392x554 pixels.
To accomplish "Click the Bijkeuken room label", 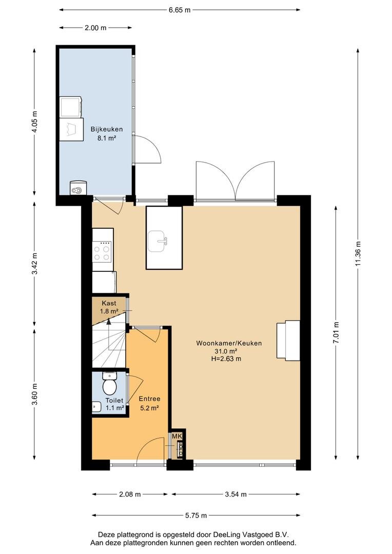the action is (x=106, y=129).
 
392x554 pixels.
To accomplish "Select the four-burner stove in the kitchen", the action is (x=102, y=251).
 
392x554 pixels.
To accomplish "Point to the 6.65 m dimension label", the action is (x=179, y=10).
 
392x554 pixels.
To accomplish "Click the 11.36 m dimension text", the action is (x=358, y=253).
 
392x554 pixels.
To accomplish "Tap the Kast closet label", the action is (x=108, y=303).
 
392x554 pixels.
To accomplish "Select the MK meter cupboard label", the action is (x=177, y=437).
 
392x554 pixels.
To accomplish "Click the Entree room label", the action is (x=149, y=399).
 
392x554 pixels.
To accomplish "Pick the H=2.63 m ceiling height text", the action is (x=225, y=359).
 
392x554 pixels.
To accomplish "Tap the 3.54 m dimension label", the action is (x=236, y=494).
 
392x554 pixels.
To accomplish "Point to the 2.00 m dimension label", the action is (x=95, y=28).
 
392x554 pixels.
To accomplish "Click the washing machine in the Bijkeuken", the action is (x=71, y=107).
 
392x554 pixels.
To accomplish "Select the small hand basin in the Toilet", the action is (x=96, y=407).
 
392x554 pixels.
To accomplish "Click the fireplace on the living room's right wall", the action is (x=288, y=340).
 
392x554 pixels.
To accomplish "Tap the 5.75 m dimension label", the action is (x=196, y=515).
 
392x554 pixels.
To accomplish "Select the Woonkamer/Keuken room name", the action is (x=229, y=343).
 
